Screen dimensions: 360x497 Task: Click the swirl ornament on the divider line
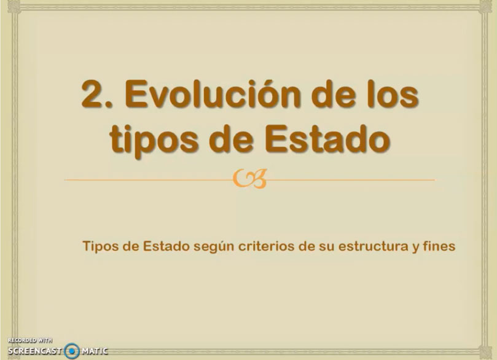click(250, 180)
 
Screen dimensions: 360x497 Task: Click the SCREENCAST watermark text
click(34, 351)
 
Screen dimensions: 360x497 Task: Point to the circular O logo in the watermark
click(72, 351)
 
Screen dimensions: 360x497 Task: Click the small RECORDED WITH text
click(29, 340)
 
